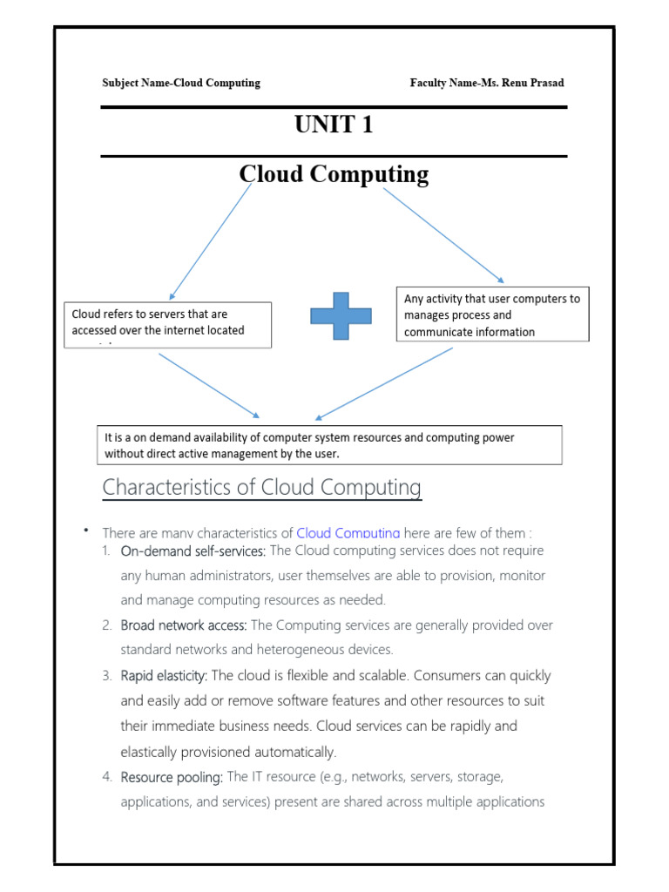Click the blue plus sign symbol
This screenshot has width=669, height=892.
(x=341, y=315)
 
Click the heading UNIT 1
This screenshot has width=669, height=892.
(x=334, y=125)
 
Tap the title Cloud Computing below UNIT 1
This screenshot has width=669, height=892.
(x=334, y=174)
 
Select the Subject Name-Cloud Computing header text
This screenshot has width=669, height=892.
(x=181, y=83)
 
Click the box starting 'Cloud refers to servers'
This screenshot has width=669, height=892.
(x=168, y=324)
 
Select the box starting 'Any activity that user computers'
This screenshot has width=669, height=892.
(x=492, y=314)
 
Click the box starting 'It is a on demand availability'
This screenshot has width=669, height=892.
(x=328, y=445)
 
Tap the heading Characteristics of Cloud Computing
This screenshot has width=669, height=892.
(x=261, y=488)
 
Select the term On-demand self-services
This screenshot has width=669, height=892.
(x=193, y=551)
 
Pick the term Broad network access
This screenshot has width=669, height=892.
(x=184, y=625)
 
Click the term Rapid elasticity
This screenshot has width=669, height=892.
(x=164, y=676)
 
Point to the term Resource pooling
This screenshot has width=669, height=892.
(x=172, y=776)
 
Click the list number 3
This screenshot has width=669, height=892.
(x=105, y=676)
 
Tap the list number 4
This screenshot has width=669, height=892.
(x=105, y=776)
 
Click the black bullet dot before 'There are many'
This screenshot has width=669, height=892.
(x=87, y=530)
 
